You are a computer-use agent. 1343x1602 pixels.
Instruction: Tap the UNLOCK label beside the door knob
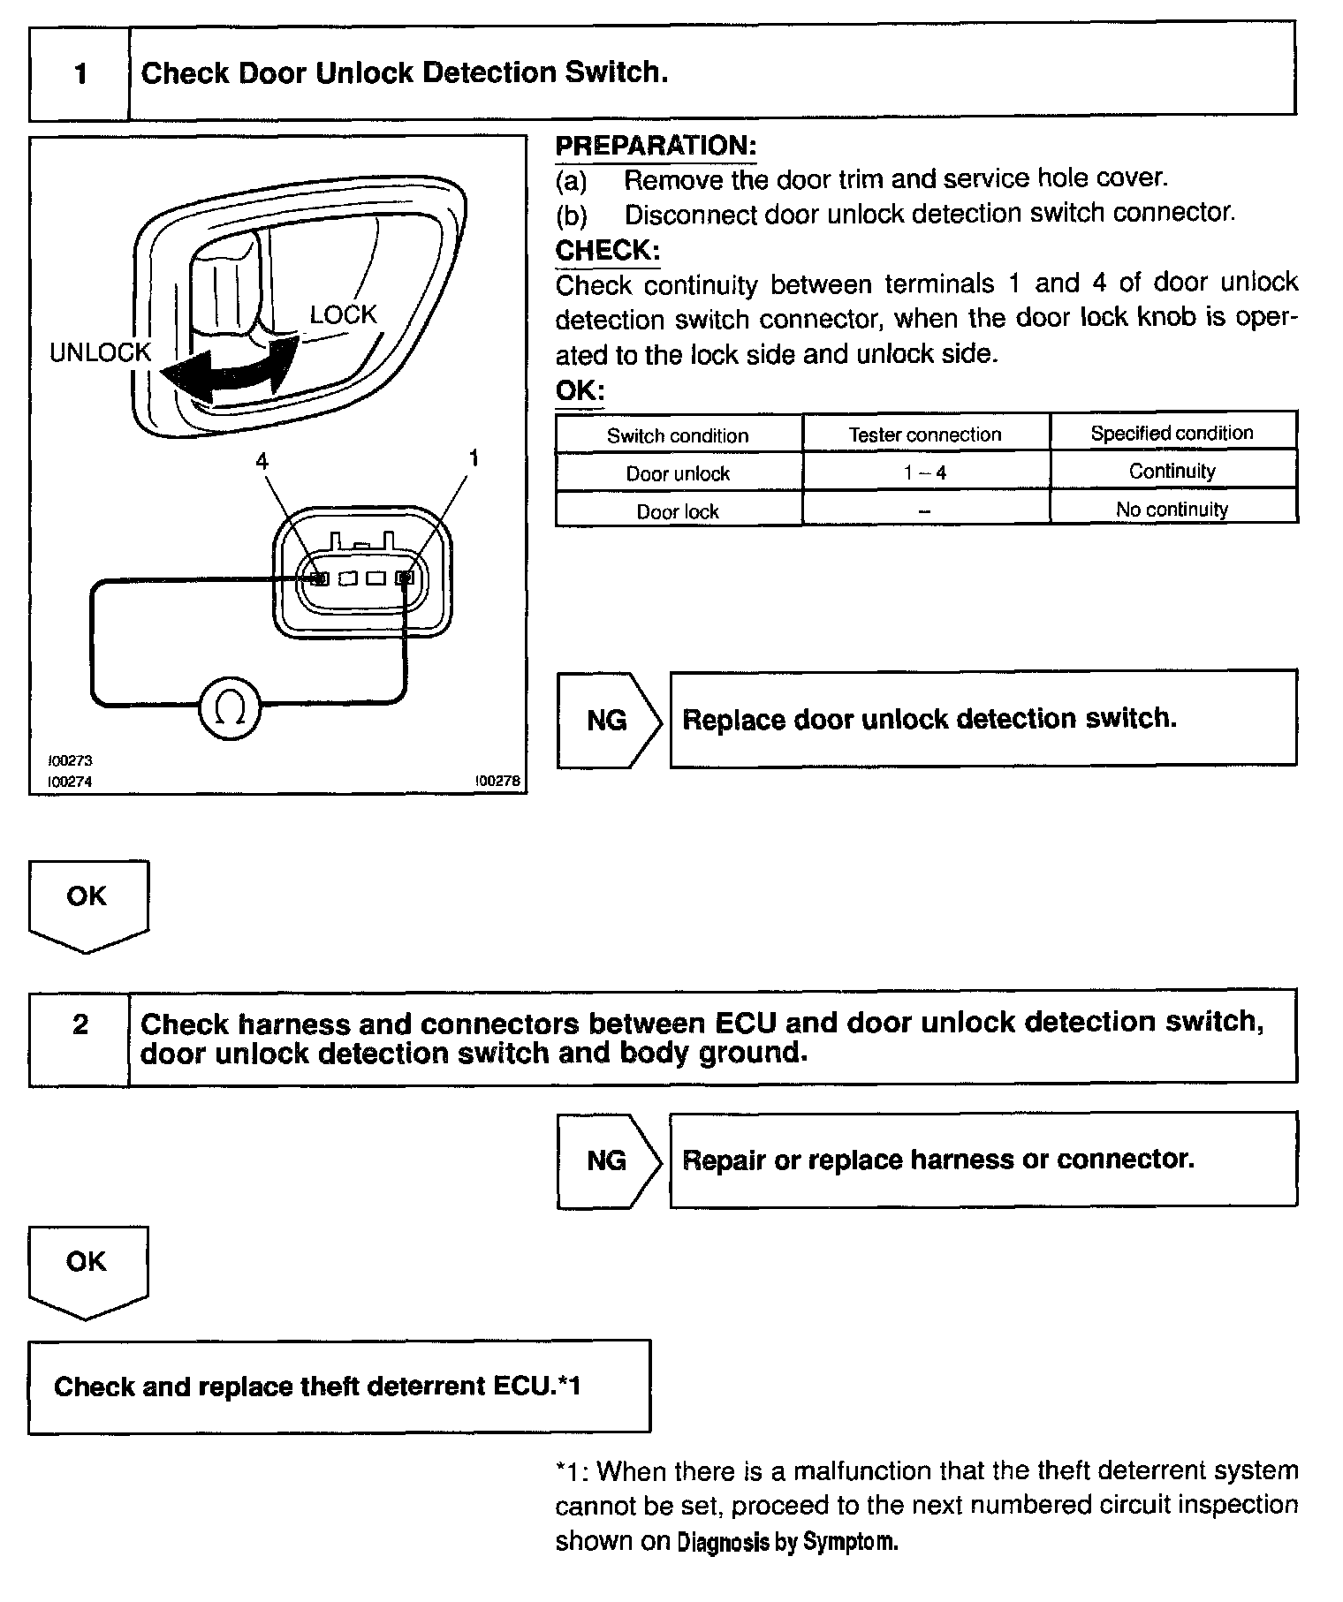pos(100,352)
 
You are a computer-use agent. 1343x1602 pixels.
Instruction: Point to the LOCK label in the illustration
pos(343,314)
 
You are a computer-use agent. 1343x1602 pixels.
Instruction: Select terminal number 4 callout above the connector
pos(262,460)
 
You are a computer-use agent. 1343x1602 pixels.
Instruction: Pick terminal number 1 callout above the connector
pos(474,457)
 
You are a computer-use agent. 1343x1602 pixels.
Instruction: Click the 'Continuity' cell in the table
pos(1172,471)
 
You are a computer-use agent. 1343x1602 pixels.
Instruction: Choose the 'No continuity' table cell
pos(1172,509)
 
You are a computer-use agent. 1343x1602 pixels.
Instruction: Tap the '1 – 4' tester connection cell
pos(924,472)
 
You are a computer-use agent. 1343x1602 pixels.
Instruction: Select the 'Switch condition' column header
pos(678,435)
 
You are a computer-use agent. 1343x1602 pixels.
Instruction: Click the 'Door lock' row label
pos(678,511)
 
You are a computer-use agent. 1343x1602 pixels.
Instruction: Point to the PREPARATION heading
pos(656,146)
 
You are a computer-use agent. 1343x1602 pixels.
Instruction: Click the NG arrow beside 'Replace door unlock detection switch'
pos(608,721)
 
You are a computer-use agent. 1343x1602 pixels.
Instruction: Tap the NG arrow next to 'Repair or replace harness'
pos(608,1160)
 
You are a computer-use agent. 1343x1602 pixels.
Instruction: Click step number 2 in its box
pos(80,1024)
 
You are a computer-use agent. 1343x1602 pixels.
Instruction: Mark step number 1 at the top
pos(80,73)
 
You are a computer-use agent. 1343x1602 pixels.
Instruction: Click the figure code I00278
pos(497,781)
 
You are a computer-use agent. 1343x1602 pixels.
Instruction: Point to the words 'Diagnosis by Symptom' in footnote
pos(787,1542)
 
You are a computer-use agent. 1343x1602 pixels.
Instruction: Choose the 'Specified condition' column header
pos(1172,433)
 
